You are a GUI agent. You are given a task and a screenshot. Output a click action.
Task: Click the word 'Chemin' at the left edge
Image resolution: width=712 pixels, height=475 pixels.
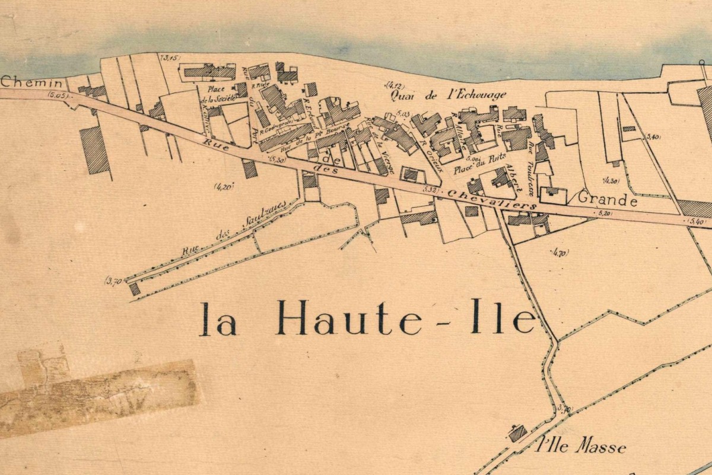click(23, 82)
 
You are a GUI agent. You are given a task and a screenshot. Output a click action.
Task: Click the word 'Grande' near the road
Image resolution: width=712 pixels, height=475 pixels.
click(608, 200)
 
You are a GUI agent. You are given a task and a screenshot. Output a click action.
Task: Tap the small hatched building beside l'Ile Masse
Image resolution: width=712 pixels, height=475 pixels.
click(517, 433)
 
